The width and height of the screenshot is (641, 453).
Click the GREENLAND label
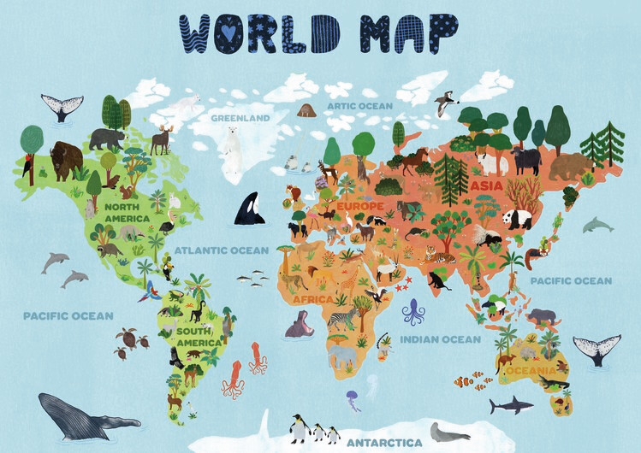pos(240,117)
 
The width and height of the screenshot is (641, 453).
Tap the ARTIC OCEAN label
pos(359,106)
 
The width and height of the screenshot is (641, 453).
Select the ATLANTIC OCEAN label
pos(222,250)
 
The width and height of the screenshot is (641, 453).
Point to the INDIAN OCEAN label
pos(441,339)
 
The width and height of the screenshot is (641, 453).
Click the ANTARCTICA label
pos(383,442)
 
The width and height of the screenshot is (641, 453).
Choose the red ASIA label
pos(486,185)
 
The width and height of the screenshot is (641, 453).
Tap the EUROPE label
pos(360,207)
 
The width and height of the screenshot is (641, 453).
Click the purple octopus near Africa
pos(413,312)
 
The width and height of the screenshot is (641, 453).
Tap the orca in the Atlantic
pos(249,208)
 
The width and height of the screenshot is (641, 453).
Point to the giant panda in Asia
pos(517,220)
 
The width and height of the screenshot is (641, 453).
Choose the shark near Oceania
pos(511,404)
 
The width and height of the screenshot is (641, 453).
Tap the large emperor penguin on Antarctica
pos(299,427)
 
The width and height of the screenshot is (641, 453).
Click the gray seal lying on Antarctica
pos(449,433)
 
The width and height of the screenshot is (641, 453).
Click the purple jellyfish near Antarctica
pos(353,398)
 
